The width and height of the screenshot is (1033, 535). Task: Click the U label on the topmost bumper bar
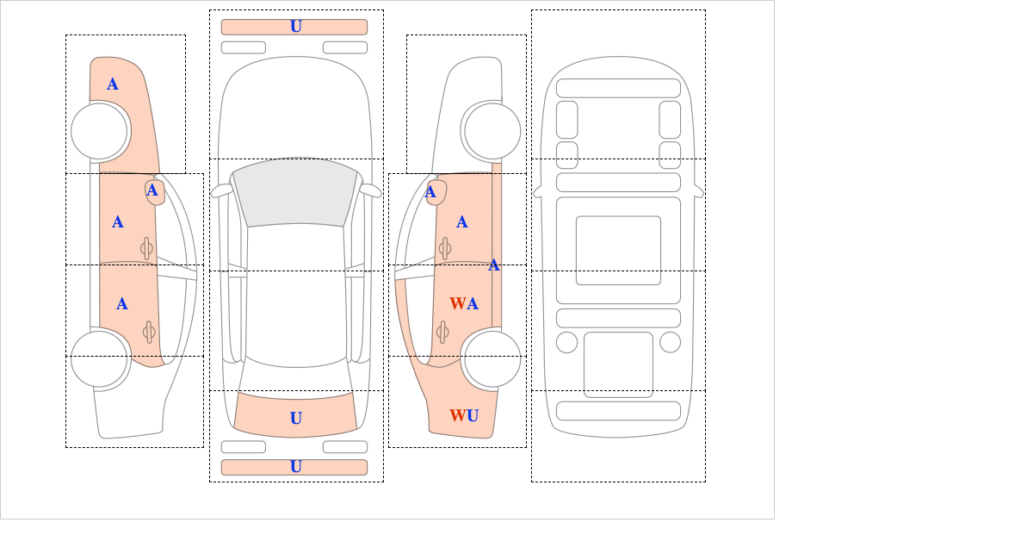coord(295,27)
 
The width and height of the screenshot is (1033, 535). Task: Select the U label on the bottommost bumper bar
coord(295,467)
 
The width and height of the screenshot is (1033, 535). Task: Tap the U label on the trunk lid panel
coord(295,419)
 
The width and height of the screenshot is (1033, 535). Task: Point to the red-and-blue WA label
coord(464,303)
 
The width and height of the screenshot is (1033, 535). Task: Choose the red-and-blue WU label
coord(464,416)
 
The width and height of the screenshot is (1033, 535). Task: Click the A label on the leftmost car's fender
coord(113,84)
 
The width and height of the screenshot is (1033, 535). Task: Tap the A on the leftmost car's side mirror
coord(152,190)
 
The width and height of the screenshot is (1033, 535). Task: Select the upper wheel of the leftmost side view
coord(100,131)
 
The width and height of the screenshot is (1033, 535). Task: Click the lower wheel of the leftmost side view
coord(100,358)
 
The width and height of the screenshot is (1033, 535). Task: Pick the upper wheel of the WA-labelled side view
coord(492,131)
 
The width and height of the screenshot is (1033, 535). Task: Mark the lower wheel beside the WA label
coord(492,358)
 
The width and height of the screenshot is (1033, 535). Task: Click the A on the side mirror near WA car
coord(430,192)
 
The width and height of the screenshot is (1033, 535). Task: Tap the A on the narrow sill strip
coord(494,264)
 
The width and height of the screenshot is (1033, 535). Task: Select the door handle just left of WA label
coord(442,332)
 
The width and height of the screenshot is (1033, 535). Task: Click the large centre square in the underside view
coord(618,251)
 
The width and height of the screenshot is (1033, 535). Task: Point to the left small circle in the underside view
coord(566,342)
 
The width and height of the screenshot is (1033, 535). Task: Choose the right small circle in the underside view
coord(670,342)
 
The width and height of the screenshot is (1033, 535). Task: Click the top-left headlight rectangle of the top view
coord(243,47)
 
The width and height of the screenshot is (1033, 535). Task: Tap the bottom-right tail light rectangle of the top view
coord(345,447)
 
